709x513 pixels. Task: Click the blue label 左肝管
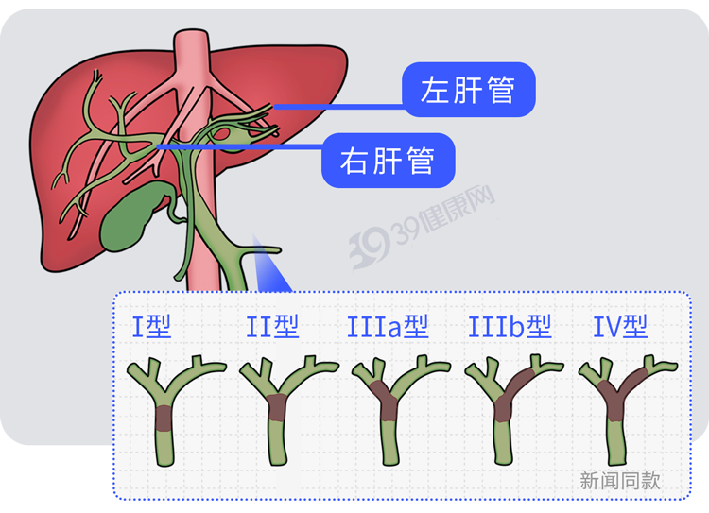pyautogui.click(x=469, y=90)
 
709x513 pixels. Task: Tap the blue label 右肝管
pyautogui.click(x=388, y=160)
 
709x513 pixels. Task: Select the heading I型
pyautogui.click(x=151, y=326)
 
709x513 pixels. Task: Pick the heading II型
pyautogui.click(x=272, y=326)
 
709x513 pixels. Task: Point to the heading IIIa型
pyautogui.click(x=388, y=326)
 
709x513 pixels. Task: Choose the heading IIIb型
pyautogui.click(x=510, y=326)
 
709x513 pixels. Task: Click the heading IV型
pyautogui.click(x=620, y=326)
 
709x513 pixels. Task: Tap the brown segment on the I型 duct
pyautogui.click(x=164, y=419)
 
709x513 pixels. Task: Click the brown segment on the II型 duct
pyautogui.click(x=276, y=407)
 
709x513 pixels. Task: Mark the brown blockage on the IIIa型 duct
pyautogui.click(x=386, y=400)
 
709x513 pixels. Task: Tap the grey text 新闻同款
pyautogui.click(x=620, y=481)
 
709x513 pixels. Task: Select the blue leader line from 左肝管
pyautogui.click(x=338, y=107)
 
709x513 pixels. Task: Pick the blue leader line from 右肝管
pyautogui.click(x=240, y=146)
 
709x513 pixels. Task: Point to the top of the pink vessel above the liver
pyautogui.click(x=192, y=31)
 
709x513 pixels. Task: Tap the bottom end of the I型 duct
pyautogui.click(x=164, y=463)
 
